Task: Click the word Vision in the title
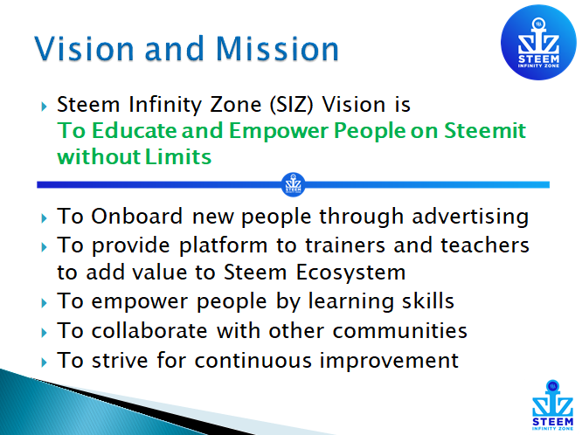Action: tap(84, 48)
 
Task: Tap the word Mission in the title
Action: tap(277, 48)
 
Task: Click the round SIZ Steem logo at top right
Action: tap(538, 42)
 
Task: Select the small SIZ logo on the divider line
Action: tap(294, 184)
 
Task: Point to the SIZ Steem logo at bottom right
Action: tap(552, 405)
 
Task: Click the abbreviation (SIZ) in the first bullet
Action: tap(292, 105)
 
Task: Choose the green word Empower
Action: tap(279, 131)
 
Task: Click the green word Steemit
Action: tap(485, 131)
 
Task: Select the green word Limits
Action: tap(177, 156)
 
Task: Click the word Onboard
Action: tap(137, 216)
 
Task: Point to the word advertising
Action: tap(470, 217)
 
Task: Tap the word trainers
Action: tap(345, 245)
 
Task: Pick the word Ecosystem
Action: tap(350, 273)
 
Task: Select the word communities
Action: tap(399, 330)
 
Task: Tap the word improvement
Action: tap(389, 361)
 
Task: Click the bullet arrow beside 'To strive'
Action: tap(45, 362)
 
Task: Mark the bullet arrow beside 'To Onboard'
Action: tap(45, 217)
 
